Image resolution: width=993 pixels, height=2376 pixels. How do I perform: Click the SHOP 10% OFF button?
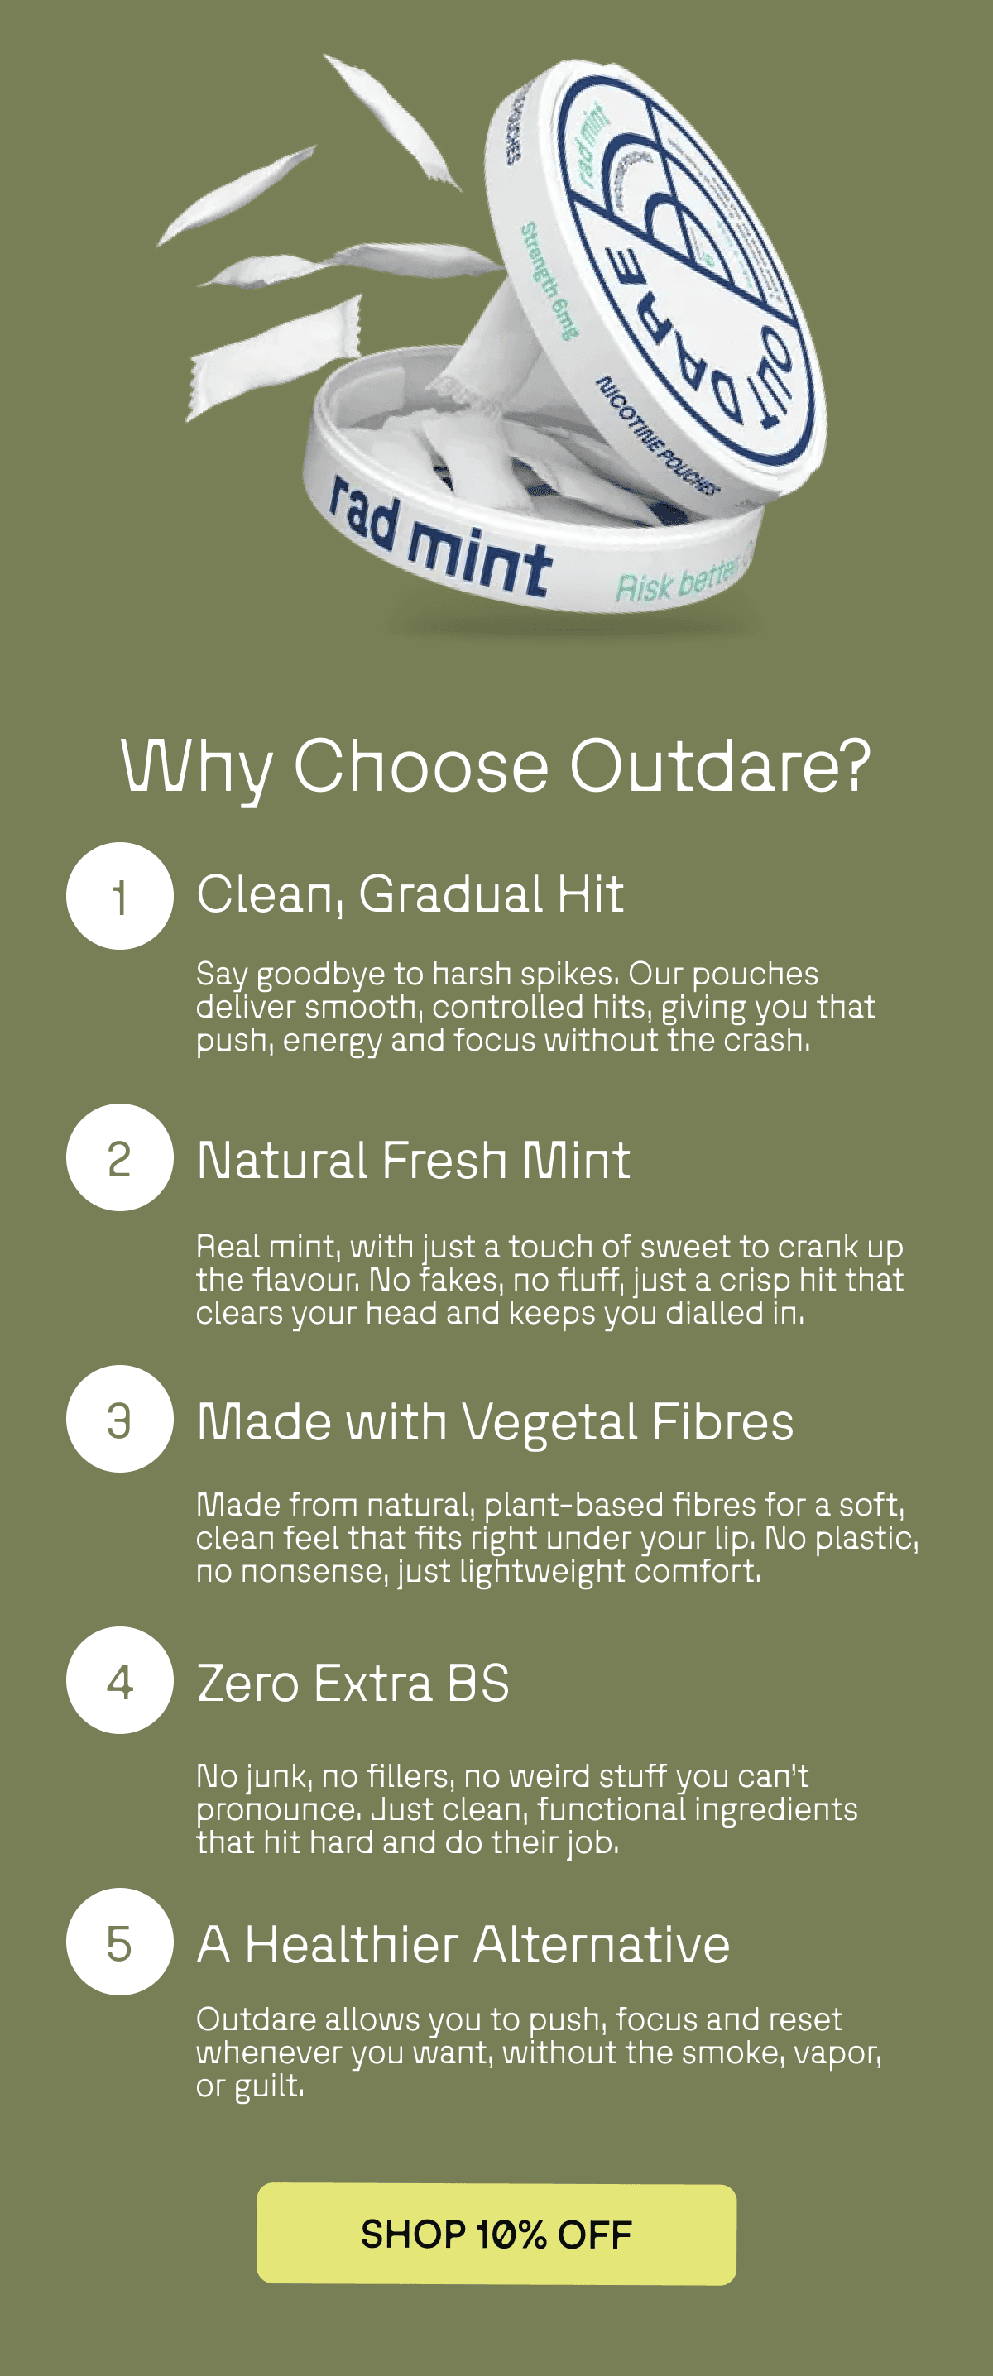click(496, 2234)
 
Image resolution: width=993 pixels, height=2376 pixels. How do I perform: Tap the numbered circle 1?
click(120, 896)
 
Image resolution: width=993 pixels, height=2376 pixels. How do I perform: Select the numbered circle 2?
click(120, 1157)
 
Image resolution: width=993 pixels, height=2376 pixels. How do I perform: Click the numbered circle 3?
click(120, 1419)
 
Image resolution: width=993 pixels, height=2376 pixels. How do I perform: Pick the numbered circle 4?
click(120, 1680)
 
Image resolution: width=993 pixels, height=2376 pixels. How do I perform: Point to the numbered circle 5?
click(120, 1942)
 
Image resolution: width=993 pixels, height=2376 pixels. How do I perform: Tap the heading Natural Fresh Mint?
click(414, 1159)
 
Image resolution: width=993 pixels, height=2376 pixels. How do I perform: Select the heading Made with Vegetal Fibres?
click(495, 1421)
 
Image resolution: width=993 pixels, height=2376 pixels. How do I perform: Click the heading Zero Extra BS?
click(353, 1684)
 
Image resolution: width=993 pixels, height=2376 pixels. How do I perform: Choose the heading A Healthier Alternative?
click(463, 1944)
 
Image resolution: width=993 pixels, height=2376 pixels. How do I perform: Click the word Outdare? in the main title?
click(720, 765)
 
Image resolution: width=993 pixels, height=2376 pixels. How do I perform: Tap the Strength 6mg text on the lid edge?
click(550, 280)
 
